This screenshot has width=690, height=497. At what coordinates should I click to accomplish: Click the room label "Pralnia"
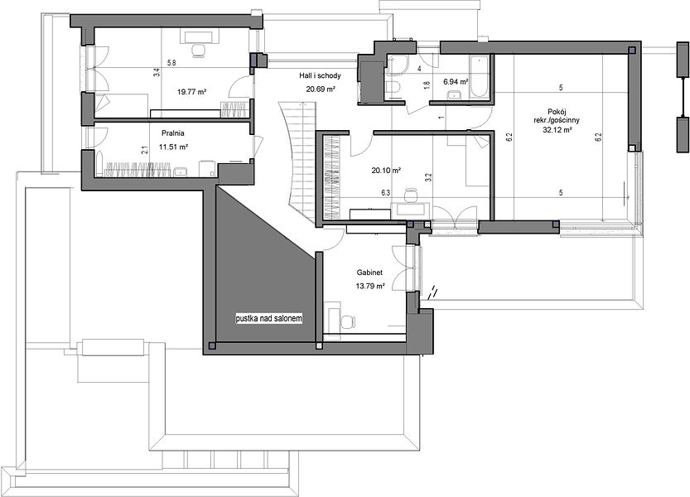(172, 133)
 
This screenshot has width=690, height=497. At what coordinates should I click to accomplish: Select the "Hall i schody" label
(320, 76)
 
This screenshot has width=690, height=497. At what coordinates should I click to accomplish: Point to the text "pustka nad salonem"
(269, 318)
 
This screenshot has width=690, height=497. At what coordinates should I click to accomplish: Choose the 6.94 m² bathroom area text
(455, 82)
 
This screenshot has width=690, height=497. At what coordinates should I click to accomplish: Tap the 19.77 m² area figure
(192, 92)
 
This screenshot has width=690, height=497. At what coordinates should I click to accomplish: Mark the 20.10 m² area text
(385, 170)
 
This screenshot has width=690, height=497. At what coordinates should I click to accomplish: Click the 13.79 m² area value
(370, 286)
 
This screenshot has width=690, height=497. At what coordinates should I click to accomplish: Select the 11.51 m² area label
(174, 147)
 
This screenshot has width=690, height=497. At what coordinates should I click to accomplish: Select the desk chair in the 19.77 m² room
(199, 51)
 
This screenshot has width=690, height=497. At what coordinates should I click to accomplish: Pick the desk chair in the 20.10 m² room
(411, 195)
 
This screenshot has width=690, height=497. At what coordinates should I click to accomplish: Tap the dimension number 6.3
(385, 192)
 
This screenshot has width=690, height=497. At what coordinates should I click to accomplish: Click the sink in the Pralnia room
(181, 172)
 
